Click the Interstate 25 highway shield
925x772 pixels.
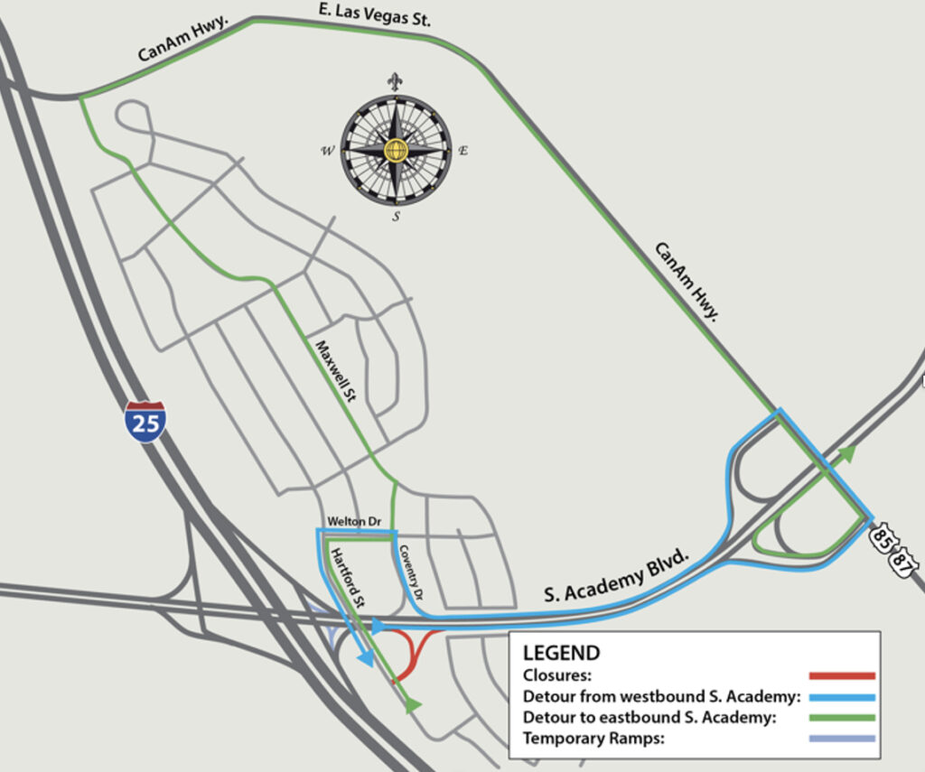tap(145, 422)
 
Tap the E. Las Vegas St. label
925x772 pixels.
tap(374, 17)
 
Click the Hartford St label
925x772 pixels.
tap(346, 577)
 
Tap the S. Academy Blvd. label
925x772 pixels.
tap(617, 575)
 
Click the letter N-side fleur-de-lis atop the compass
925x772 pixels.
tap(395, 81)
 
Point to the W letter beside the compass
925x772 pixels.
tap(326, 151)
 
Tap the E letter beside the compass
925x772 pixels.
tap(463, 151)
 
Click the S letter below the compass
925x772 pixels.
tap(396, 217)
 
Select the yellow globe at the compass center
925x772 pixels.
tap(396, 150)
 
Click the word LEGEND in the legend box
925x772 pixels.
tap(561, 653)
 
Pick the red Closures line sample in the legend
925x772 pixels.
tap(842, 675)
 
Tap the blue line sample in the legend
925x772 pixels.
tap(842, 697)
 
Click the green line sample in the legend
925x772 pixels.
tap(842, 718)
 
